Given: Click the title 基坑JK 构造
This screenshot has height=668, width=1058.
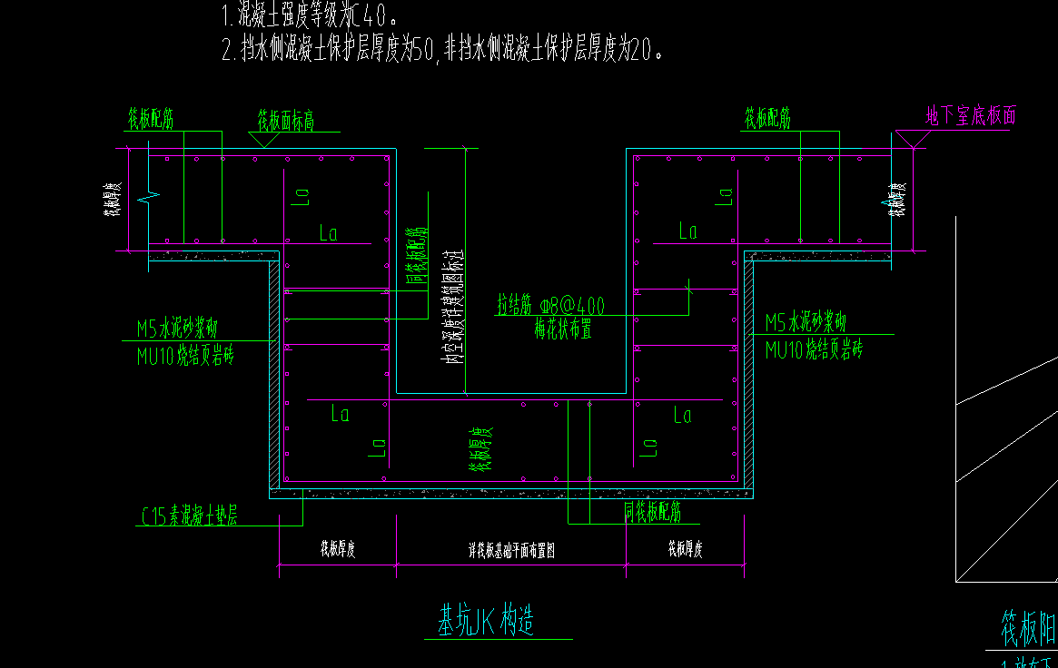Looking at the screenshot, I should (x=487, y=621).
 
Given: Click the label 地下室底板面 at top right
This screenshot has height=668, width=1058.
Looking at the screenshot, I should (x=970, y=115).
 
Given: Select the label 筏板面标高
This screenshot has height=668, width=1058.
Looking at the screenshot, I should (x=285, y=122).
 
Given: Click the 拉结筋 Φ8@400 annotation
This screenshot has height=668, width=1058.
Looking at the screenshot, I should (x=550, y=305).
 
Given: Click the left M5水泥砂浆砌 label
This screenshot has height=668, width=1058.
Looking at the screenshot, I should (x=176, y=328).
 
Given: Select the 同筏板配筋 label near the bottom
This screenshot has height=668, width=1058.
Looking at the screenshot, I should (x=651, y=513).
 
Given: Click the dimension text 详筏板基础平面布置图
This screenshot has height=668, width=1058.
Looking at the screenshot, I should (x=510, y=550).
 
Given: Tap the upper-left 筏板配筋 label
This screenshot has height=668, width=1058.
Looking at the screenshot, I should (x=150, y=118).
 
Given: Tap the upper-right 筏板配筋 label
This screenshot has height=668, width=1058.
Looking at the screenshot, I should (x=767, y=118).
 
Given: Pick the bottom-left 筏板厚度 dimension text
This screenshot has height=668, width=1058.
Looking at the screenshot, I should (x=336, y=549).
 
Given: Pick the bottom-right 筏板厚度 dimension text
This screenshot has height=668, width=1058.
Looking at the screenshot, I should (x=685, y=549).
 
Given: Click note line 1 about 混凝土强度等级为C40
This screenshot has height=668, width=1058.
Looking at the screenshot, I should (x=309, y=15).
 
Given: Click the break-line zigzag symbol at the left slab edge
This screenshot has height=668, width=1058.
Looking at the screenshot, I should (x=149, y=195).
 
